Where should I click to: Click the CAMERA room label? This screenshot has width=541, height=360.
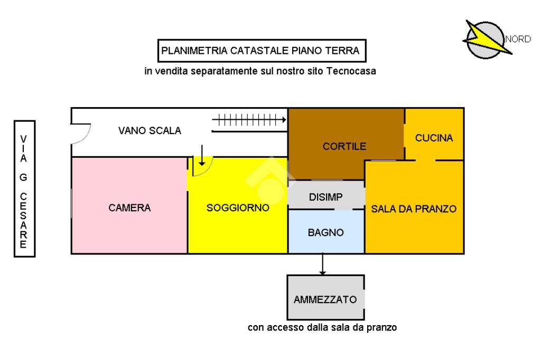tap(129, 208)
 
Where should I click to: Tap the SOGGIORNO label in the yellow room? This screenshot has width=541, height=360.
tap(238, 208)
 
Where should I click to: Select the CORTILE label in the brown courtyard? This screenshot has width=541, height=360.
tap(344, 146)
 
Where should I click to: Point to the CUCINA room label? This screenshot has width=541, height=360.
tap(434, 138)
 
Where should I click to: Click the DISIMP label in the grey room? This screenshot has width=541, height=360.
tap(326, 197)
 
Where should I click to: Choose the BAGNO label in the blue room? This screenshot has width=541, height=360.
tap(326, 232)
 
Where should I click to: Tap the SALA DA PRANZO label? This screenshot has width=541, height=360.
tap(414, 209)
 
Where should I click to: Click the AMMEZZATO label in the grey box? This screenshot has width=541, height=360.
tap(325, 299)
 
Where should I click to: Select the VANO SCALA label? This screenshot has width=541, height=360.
tap(150, 131)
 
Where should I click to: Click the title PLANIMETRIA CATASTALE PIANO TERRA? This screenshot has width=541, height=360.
tap(261, 51)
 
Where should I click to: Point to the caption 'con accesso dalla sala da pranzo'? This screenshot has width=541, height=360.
tap(322, 327)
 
